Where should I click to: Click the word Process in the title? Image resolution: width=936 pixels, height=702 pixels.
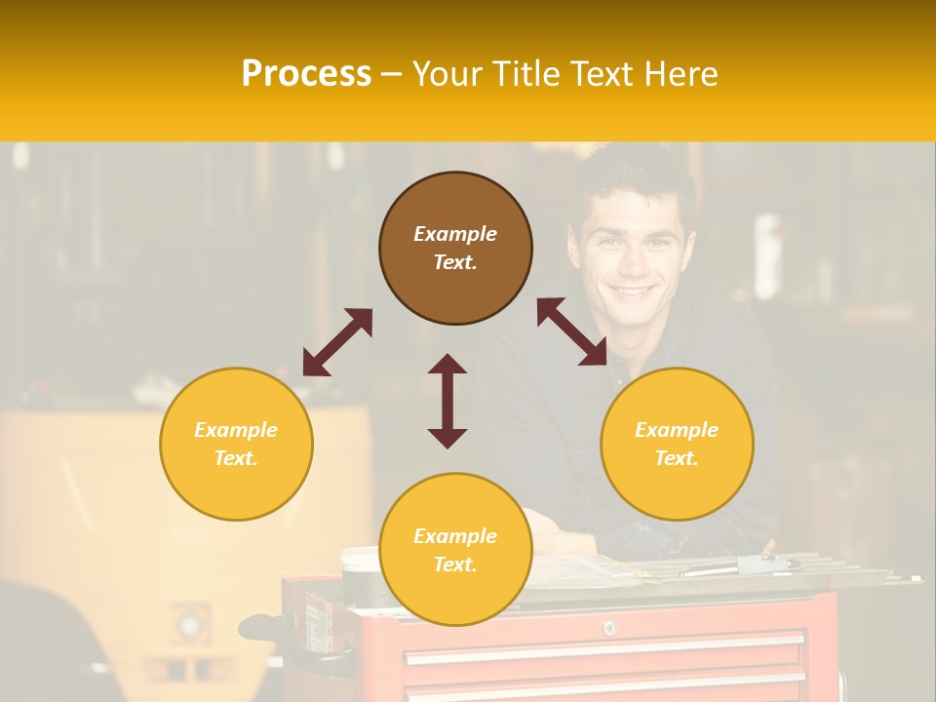306,73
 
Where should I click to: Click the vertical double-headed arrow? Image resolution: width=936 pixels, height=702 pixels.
448,401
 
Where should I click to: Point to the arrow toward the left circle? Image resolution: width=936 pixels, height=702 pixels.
337,342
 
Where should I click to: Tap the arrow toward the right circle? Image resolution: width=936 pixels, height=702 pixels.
572,331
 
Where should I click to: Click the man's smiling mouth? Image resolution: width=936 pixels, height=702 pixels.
632,291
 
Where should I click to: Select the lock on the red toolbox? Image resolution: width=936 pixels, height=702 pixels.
608,627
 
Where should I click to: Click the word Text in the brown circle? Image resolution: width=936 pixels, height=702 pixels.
455,262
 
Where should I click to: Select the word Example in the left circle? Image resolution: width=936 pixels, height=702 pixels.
236,430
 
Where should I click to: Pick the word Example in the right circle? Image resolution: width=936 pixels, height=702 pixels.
677,430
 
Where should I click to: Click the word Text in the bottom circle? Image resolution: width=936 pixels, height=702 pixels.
455,565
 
